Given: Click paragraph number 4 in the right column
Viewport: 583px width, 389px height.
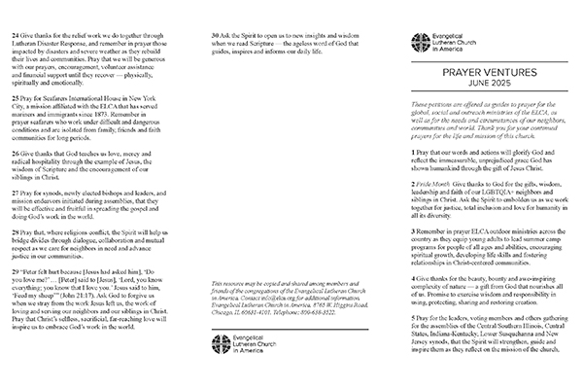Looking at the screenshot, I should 417,279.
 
